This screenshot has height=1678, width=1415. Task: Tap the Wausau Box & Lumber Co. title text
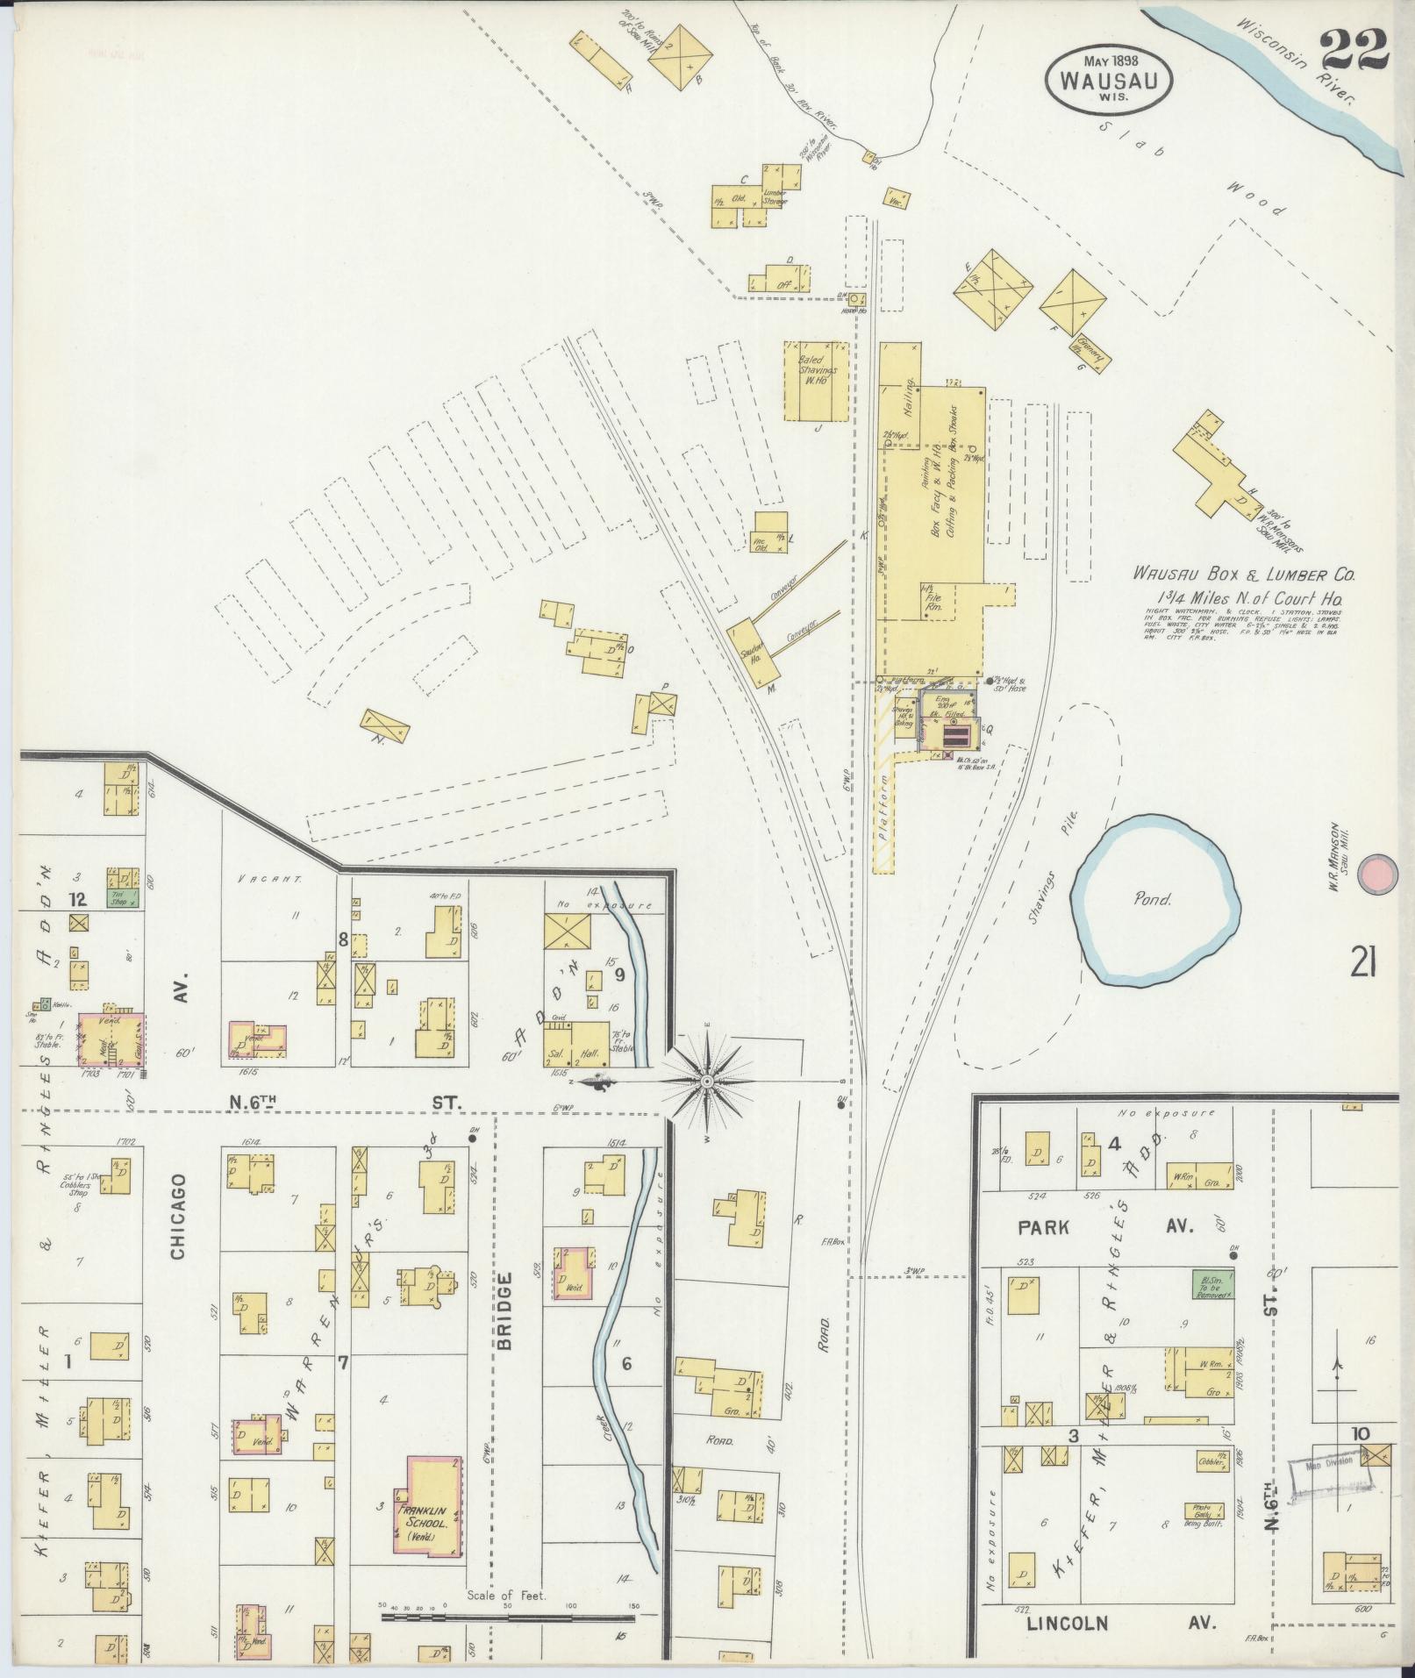pyautogui.click(x=1244, y=575)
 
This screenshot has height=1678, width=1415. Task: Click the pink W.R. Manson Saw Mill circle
pyautogui.click(x=1376, y=874)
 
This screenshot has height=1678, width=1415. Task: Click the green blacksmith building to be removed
pyautogui.click(x=1211, y=1285)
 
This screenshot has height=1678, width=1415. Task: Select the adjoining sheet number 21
pyautogui.click(x=1362, y=964)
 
